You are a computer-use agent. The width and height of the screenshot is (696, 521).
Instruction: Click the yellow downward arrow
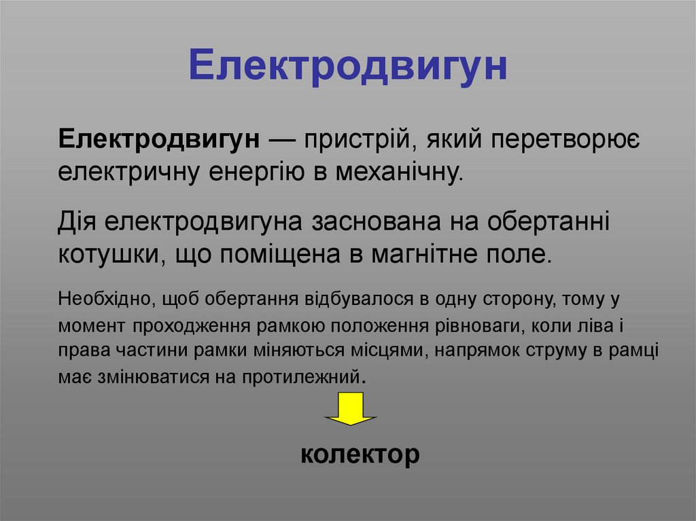click(351, 409)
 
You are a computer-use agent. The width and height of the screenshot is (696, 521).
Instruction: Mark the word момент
click(91, 325)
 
